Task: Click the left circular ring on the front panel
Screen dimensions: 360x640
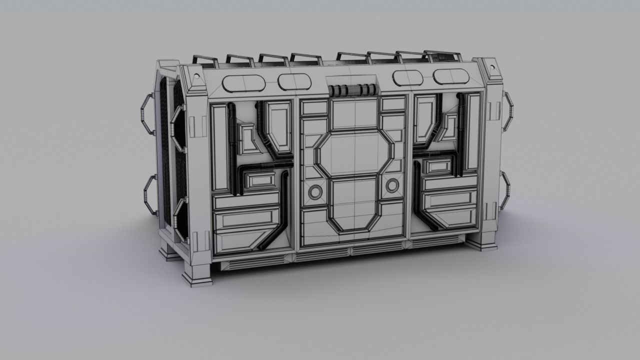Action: [315, 191]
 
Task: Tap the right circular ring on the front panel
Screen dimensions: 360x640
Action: [392, 185]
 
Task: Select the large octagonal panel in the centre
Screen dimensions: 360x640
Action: [354, 153]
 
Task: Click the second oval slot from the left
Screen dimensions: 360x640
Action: [294, 81]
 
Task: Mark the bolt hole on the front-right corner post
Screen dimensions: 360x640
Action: [491, 66]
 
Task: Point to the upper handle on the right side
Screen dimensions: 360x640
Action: [507, 111]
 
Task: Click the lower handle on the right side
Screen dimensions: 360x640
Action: [505, 190]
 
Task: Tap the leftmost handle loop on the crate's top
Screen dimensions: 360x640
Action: [205, 61]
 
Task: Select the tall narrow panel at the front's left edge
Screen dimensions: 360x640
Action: [219, 147]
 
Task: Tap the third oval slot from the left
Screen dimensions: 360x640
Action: [407, 78]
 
